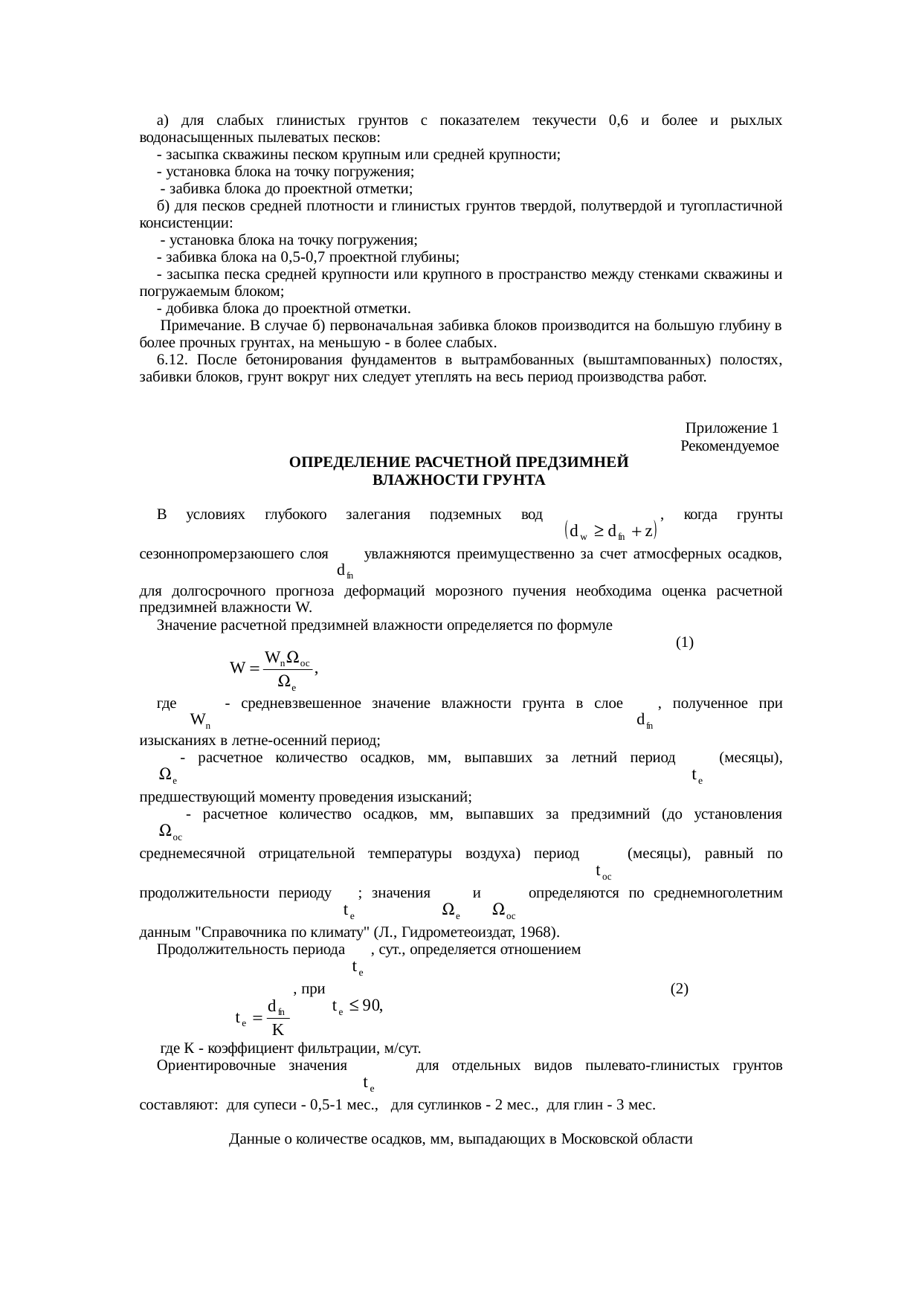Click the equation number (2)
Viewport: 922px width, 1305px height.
(678, 989)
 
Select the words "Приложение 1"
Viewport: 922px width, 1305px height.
(732, 428)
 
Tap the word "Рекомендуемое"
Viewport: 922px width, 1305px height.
(729, 446)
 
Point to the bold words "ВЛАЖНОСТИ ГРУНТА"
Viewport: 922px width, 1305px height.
(459, 480)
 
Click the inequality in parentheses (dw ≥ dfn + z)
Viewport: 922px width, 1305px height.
(609, 531)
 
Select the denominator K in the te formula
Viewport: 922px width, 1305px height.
(277, 1030)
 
